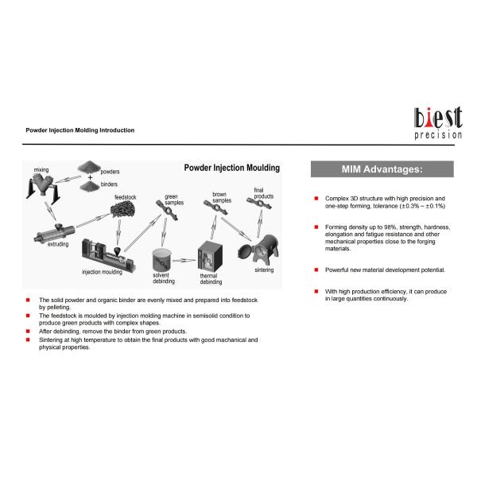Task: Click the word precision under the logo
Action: click(x=437, y=136)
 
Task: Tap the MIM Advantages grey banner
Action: click(x=382, y=169)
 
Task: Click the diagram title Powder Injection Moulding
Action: click(x=231, y=168)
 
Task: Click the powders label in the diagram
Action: click(x=110, y=171)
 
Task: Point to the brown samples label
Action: click(x=222, y=197)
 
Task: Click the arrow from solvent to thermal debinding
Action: click(x=186, y=259)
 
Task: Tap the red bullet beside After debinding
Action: click(x=28, y=331)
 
